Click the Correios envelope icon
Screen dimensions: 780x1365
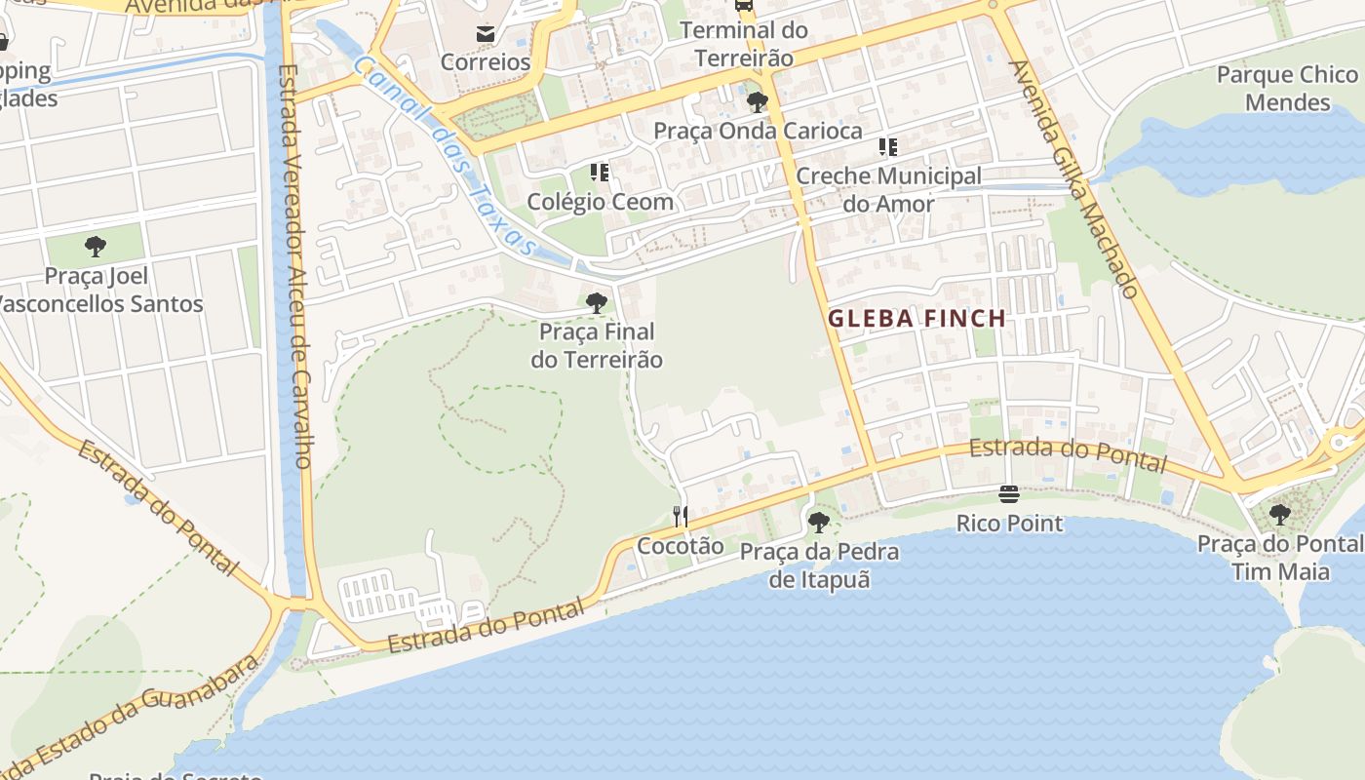pyautogui.click(x=485, y=35)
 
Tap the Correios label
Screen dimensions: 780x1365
pyautogui.click(x=486, y=62)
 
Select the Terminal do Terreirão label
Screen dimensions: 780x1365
pyautogui.click(x=744, y=44)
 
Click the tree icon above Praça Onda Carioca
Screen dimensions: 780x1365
pyautogui.click(x=757, y=102)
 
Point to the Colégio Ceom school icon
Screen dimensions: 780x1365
pyautogui.click(x=600, y=174)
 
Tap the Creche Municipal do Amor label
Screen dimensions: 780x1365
pyautogui.click(x=888, y=190)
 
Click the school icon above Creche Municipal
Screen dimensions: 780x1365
pyautogui.click(x=887, y=147)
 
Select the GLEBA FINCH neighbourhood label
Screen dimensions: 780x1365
pyautogui.click(x=916, y=318)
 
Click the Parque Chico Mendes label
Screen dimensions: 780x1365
pyautogui.click(x=1287, y=89)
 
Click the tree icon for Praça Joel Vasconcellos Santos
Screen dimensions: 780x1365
pyautogui.click(x=95, y=247)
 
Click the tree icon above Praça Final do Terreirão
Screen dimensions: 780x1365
pyautogui.click(x=597, y=303)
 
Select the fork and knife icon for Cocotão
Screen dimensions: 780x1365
pyautogui.click(x=681, y=516)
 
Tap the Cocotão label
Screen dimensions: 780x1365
pyautogui.click(x=681, y=546)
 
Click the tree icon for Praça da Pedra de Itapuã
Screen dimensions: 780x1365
pyautogui.click(x=819, y=523)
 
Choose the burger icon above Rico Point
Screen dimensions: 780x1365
pyautogui.click(x=1009, y=494)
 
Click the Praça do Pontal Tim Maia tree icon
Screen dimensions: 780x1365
pyautogui.click(x=1279, y=514)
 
